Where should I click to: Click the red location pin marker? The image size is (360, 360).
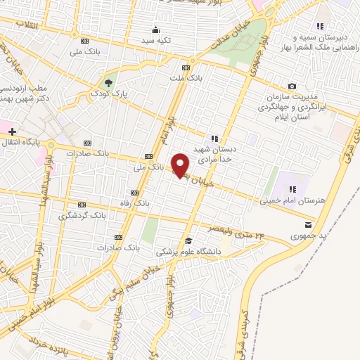coord(181,165)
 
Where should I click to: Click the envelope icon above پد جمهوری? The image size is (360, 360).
coord(309,224)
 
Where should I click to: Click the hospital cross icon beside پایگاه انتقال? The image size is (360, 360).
coord(12,131)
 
